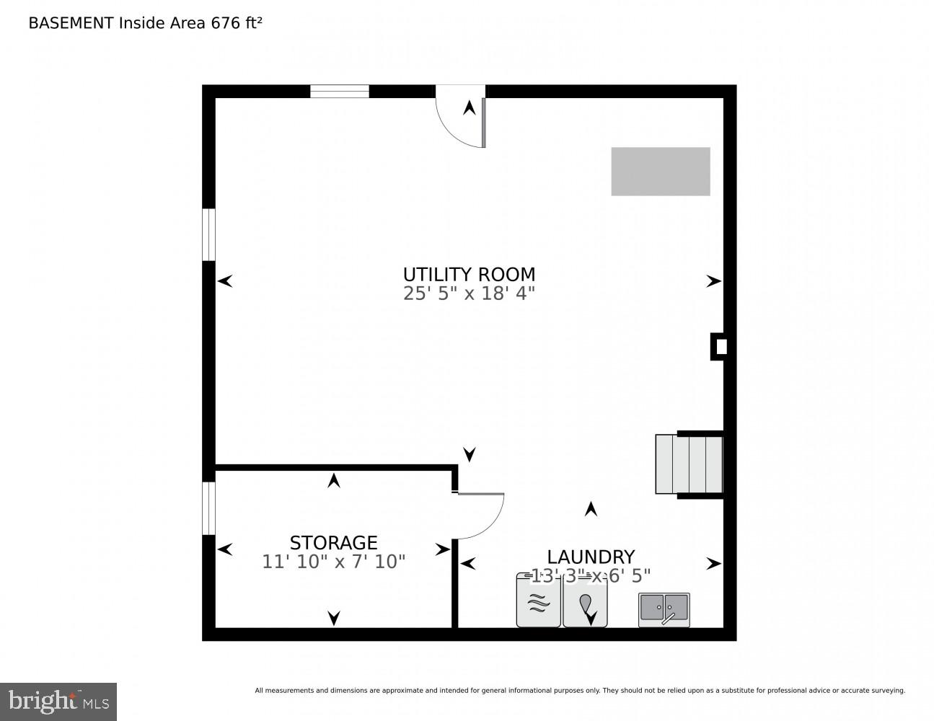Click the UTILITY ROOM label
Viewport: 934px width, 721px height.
coord(469,274)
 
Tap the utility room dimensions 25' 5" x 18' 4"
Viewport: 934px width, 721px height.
coord(469,293)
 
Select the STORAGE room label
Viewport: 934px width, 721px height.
coord(333,542)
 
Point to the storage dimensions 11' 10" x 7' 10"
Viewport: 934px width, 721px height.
coord(333,562)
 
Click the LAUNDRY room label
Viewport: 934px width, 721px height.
coord(590,557)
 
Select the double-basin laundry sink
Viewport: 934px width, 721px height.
coord(664,609)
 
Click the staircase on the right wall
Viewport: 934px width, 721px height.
coord(690,464)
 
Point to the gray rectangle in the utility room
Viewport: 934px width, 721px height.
coord(660,172)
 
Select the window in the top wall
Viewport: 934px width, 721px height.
coord(339,92)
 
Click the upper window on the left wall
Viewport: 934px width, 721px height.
coord(208,234)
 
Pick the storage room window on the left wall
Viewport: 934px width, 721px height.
coord(208,508)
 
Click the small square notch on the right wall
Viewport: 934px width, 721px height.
coord(720,347)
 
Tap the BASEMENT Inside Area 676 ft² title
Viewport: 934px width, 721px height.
coord(144,23)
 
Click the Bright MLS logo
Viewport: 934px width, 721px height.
coord(58,702)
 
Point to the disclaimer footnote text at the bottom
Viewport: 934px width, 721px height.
coord(579,691)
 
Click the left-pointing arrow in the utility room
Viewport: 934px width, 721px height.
coord(225,281)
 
